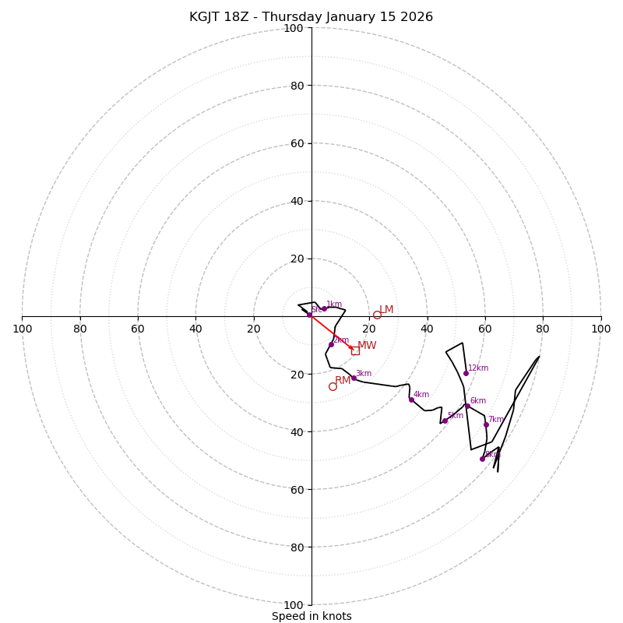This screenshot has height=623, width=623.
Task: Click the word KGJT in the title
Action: tap(206, 17)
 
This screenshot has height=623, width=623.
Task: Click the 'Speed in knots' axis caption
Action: tap(311, 616)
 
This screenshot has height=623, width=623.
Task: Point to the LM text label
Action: tap(386, 310)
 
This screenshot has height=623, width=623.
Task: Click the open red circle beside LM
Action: tap(377, 315)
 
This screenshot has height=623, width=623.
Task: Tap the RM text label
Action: tap(343, 381)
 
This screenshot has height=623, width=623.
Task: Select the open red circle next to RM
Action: tap(333, 386)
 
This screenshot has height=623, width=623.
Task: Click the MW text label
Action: tap(367, 346)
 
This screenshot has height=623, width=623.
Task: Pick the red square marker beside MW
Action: tap(355, 350)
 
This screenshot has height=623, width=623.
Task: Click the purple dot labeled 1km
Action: tap(324, 309)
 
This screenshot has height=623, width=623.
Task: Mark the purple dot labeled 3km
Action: tap(354, 378)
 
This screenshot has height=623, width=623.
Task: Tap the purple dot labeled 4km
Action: tap(411, 399)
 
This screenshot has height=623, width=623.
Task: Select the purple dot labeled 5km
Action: tap(445, 421)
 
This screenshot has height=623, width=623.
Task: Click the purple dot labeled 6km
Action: tap(467, 406)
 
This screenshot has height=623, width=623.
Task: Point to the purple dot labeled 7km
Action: tap(486, 424)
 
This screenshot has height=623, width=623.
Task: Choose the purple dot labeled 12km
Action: tap(466, 373)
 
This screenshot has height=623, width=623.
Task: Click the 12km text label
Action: tap(478, 368)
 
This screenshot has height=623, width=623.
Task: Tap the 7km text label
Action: tap(496, 420)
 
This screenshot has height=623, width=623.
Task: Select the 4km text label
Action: tap(421, 395)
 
